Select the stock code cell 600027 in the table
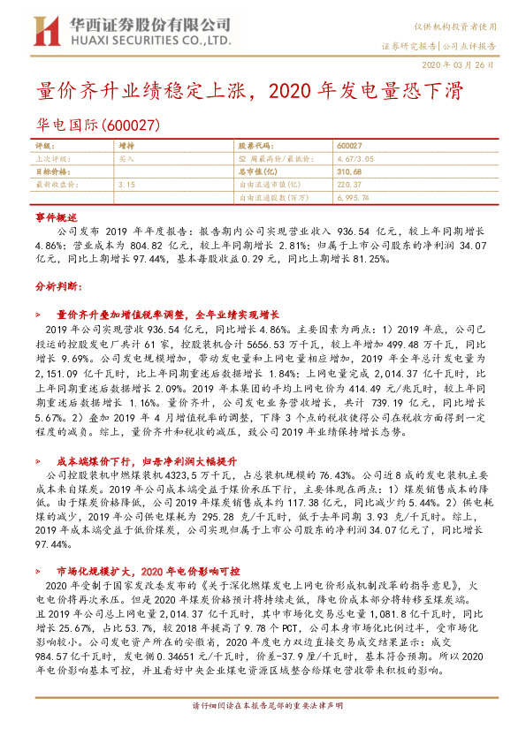coord(350,146)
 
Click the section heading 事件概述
coord(57,216)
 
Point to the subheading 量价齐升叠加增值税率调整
coord(168,314)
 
